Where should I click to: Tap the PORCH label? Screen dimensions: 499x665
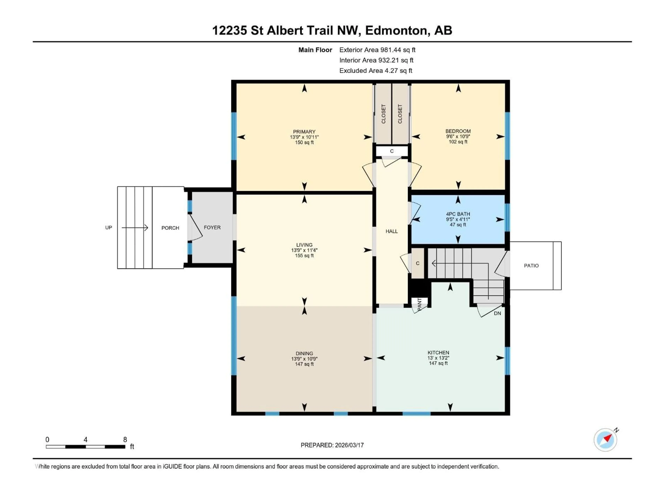pos(170,228)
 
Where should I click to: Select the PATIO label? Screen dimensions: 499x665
pos(531,266)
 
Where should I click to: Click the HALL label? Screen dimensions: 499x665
pos(391,231)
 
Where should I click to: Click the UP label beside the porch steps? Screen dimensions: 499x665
pos(109,228)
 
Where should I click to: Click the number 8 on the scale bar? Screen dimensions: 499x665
pos(125,439)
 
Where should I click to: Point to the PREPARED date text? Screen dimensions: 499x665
pos(332,445)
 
